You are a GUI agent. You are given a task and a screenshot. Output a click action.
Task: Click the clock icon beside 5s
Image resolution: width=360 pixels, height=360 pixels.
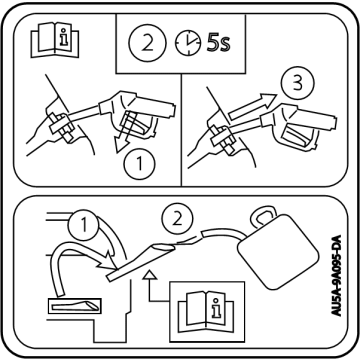188,44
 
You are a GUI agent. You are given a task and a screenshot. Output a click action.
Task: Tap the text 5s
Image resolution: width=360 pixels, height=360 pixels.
218,43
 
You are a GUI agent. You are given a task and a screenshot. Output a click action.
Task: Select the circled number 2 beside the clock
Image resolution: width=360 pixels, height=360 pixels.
147,44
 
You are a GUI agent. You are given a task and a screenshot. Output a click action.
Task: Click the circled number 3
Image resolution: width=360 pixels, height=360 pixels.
297,83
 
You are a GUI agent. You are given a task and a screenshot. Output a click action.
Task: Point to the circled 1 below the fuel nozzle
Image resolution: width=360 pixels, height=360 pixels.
139,163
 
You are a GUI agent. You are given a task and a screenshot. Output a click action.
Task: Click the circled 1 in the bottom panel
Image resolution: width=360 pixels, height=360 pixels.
83,224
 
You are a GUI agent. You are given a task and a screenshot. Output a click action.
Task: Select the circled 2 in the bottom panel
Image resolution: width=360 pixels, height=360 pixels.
177,218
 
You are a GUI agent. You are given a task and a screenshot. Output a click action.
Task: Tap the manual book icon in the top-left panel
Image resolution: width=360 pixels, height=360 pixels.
55,40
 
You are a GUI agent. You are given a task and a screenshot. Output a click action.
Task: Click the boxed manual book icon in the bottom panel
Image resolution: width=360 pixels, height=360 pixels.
207,312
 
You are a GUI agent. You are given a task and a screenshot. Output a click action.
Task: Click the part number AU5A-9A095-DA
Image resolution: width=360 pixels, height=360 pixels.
336,275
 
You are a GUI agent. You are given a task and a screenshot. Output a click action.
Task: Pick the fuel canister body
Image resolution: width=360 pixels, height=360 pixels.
277,251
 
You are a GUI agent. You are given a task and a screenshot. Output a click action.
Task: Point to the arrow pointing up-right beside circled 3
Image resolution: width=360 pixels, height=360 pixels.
253,105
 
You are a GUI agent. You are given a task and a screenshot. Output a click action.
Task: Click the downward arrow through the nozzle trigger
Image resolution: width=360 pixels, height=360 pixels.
124,132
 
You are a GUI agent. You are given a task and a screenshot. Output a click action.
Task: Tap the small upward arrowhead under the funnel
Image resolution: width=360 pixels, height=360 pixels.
149,275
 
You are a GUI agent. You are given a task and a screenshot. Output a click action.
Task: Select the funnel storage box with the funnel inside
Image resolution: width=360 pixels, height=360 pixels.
75,306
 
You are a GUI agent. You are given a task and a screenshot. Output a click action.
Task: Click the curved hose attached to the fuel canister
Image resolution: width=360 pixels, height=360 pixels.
223,233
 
